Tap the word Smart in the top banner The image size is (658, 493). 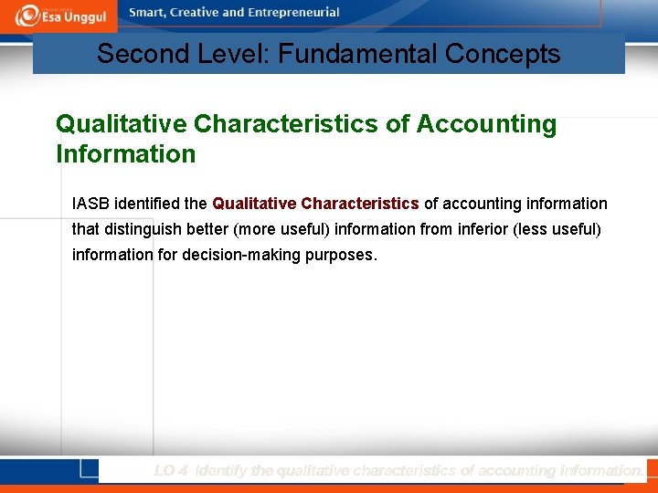(147, 13)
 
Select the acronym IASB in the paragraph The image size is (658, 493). (90, 203)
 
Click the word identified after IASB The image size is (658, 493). (147, 203)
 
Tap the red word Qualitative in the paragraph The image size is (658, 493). (254, 203)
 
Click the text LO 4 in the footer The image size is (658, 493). (172, 470)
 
